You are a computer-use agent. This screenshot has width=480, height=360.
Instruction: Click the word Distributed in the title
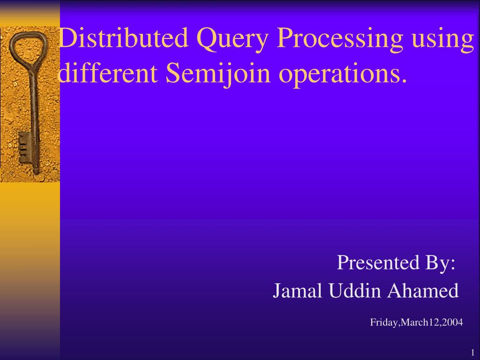pos(122,39)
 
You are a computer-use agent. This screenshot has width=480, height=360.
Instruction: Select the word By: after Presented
pos(441,263)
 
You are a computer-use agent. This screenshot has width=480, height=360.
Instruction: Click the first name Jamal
pos(298,291)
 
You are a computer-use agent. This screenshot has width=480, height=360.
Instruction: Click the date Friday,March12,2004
pos(416,322)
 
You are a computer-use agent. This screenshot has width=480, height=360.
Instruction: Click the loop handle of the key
pos(28,47)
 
